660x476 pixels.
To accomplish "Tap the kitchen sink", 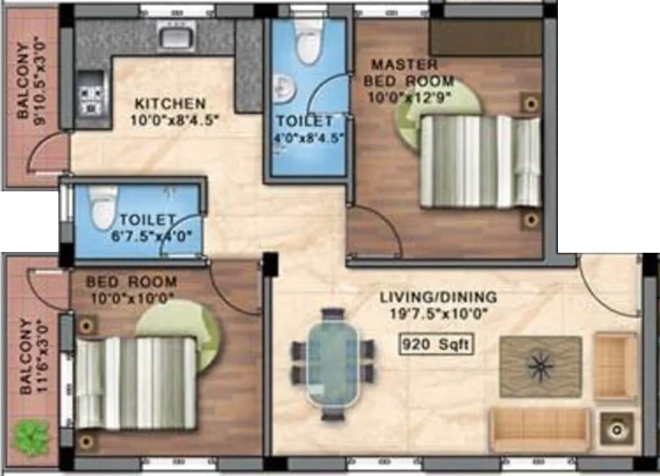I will point(174,36).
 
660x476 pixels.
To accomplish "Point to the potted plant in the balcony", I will point(31,435).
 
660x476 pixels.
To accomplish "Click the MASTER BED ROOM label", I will point(408,73).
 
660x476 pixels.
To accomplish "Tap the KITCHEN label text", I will point(170,104).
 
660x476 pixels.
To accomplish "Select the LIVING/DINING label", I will point(438,297).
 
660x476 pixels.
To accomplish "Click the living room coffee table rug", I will point(540,366).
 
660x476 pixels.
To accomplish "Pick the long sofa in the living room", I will point(540,430).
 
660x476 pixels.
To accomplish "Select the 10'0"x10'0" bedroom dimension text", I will point(131,298).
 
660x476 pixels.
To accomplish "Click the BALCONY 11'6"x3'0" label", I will point(29,356).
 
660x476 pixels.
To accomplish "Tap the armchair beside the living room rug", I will point(616,366).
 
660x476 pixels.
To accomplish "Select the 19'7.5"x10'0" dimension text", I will point(438,313).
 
